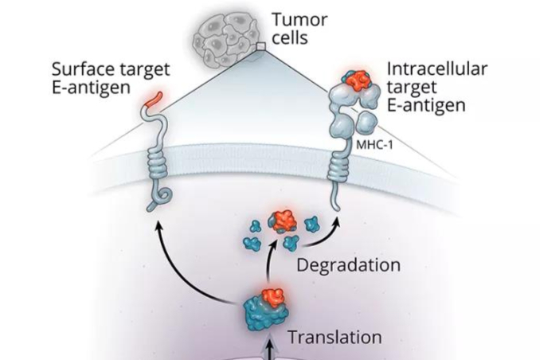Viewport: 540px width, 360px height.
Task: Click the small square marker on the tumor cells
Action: click(260, 49)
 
